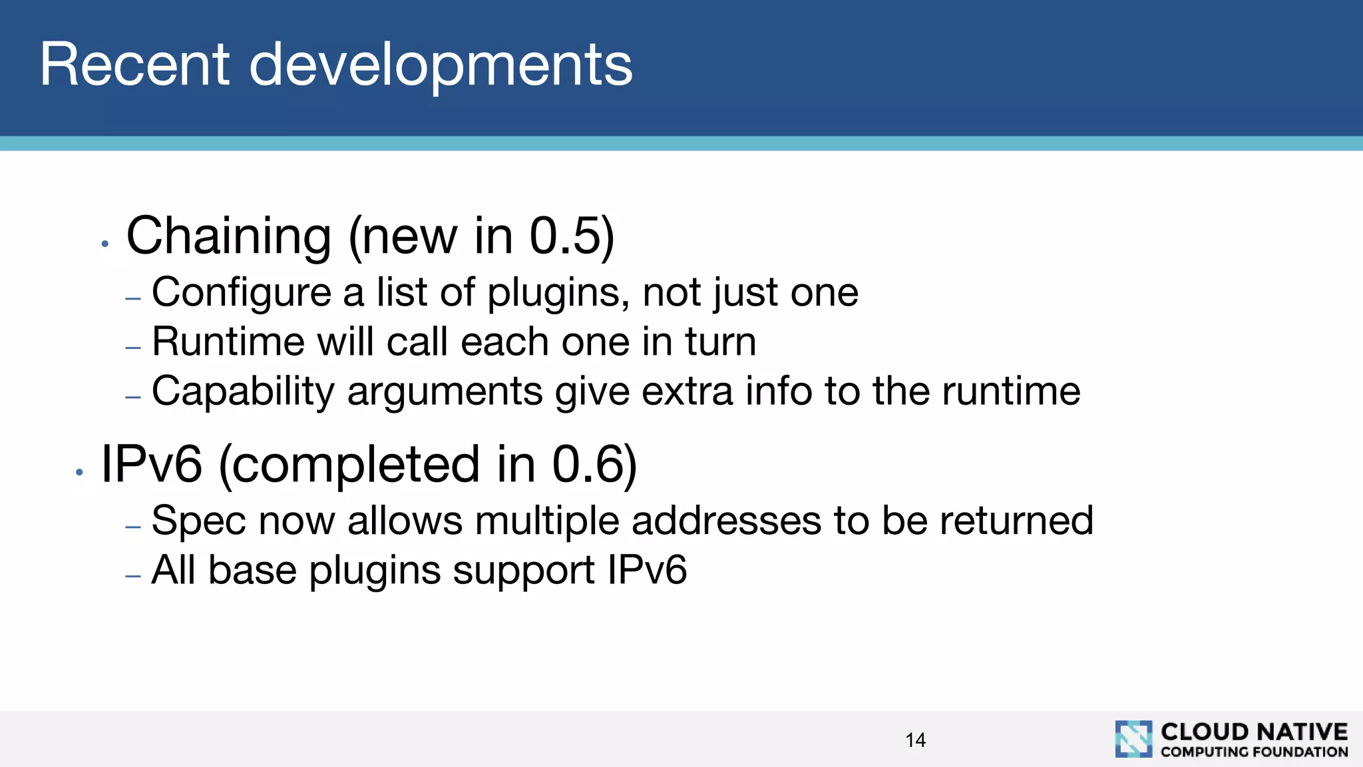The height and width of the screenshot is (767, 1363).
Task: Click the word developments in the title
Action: point(441,66)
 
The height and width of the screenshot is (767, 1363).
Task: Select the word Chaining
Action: point(228,236)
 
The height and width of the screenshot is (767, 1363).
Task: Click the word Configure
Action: point(241,293)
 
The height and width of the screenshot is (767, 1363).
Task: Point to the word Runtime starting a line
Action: point(228,342)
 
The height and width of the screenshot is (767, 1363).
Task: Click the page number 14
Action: point(915,740)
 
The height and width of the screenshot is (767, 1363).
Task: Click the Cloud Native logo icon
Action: point(1133,739)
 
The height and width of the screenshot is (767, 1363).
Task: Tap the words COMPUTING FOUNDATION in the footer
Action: point(1254,752)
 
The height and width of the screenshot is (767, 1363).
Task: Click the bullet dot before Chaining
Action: point(104,244)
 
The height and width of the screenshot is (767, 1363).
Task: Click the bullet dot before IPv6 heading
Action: point(79,473)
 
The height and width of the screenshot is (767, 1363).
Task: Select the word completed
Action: point(349,465)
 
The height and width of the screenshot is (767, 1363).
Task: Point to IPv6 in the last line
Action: point(646,571)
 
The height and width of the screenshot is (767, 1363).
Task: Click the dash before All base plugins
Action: point(133,576)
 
